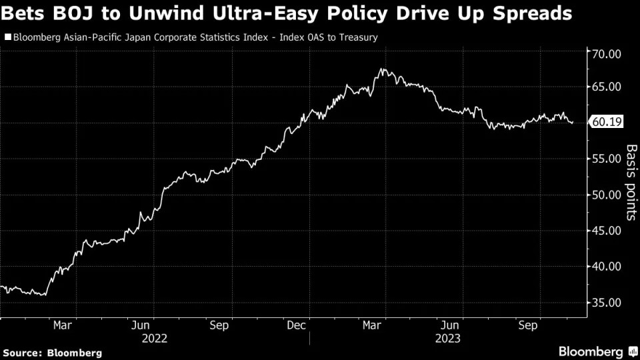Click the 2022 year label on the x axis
click(154, 338)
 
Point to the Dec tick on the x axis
click(297, 325)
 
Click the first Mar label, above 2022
click(62, 325)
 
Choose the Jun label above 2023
click(451, 325)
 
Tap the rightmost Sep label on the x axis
click(529, 325)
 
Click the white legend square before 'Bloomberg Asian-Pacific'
click(7, 37)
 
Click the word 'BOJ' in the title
click(75, 13)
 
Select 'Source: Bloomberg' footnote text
click(53, 352)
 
